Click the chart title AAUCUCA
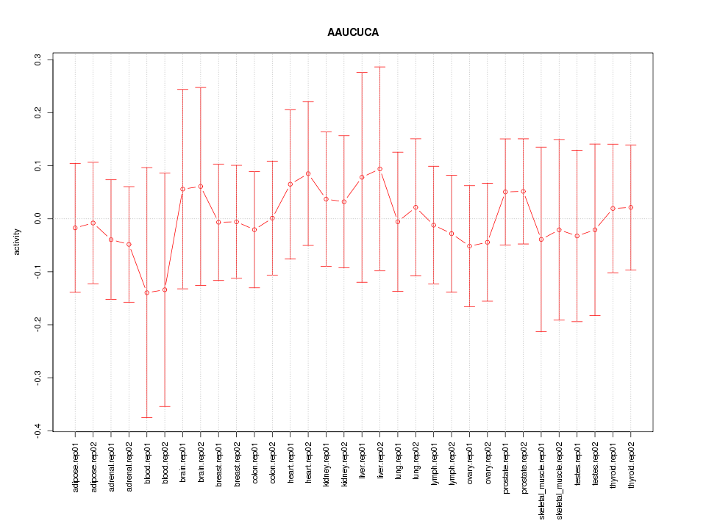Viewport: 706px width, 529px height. (353, 33)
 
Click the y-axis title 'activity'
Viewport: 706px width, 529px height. (17, 242)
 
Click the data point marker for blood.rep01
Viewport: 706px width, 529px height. (146, 292)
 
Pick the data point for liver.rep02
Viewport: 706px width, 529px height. (379, 169)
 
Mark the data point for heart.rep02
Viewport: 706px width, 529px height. (308, 173)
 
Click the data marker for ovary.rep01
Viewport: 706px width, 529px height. (469, 246)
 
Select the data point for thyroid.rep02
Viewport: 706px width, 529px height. (631, 207)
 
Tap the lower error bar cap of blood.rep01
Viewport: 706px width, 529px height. (146, 417)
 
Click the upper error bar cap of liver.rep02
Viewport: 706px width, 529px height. (379, 67)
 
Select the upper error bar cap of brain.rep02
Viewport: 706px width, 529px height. (201, 87)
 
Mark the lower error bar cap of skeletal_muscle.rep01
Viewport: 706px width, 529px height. (541, 332)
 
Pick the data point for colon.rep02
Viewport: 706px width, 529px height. (272, 218)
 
